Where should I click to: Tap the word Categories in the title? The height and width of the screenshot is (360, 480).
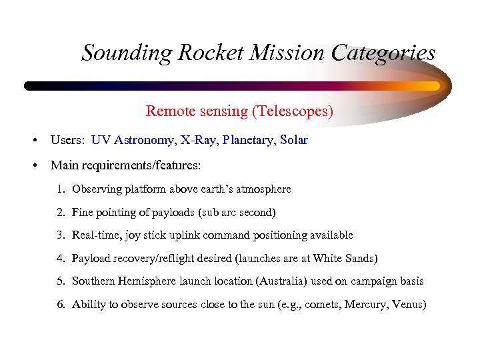387,53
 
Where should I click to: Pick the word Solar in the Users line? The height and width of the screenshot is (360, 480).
294,141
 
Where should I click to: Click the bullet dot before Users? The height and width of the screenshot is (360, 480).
33,141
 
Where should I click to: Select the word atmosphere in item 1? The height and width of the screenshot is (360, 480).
265,189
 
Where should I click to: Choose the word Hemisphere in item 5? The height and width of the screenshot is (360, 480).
147,281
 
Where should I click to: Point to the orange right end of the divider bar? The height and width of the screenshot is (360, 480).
432,86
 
